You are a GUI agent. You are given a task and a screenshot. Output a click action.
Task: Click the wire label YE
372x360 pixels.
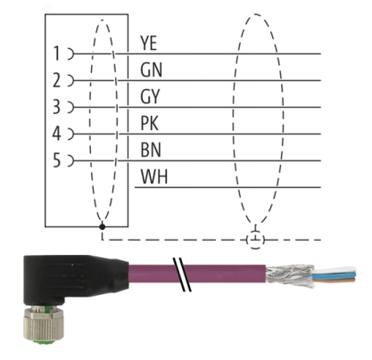point(148,43)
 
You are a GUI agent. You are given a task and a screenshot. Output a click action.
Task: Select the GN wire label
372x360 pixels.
point(151,70)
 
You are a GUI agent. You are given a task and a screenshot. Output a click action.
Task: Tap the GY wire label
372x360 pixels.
point(150,96)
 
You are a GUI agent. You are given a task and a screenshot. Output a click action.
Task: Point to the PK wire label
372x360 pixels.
point(150,123)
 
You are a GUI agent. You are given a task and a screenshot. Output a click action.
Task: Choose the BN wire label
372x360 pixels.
point(151,150)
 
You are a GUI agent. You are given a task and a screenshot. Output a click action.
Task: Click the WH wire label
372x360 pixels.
point(154,176)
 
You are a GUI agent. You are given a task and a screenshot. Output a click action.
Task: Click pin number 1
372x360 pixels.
point(56,53)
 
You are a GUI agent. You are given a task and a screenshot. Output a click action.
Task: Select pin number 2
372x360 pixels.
point(56,80)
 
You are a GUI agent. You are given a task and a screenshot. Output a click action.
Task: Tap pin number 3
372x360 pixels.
point(56,107)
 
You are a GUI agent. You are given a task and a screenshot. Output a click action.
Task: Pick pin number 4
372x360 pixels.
point(56,134)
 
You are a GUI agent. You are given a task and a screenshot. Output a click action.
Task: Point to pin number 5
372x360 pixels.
point(56,160)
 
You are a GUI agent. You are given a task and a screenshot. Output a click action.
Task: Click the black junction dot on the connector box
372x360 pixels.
point(103,227)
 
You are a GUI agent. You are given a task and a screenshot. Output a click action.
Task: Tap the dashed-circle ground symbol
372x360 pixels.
point(255,239)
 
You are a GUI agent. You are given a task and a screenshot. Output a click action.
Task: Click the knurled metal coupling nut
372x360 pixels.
point(39,324)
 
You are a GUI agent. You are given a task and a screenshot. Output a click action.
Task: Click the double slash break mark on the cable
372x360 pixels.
point(182,274)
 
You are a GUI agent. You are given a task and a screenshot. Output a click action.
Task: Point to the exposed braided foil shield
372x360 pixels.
point(290,276)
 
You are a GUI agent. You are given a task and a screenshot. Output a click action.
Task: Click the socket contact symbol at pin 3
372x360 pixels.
point(71,107)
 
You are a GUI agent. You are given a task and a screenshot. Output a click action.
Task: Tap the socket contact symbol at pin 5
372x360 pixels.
point(71,160)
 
